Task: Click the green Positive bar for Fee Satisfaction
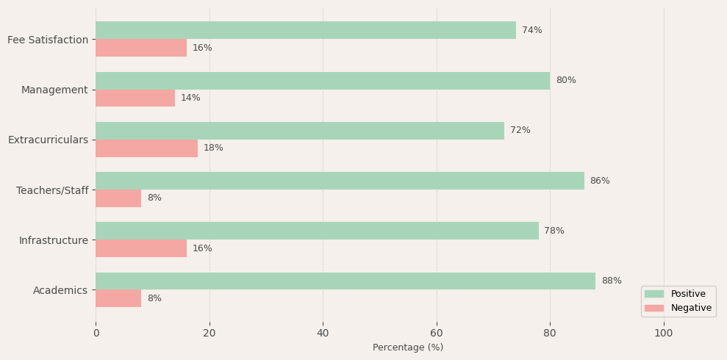pyautogui.click(x=306, y=30)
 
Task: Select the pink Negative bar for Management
pyautogui.click(x=135, y=98)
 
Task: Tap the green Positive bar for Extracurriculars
pyautogui.click(x=300, y=131)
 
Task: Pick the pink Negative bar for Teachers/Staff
pyautogui.click(x=118, y=198)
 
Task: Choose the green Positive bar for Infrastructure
pyautogui.click(x=317, y=231)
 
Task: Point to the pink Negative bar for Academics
pyautogui.click(x=118, y=298)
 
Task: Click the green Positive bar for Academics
pyautogui.click(x=345, y=281)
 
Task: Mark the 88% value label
pyautogui.click(x=612, y=281)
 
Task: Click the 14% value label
pyautogui.click(x=190, y=98)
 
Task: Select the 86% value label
pyautogui.click(x=600, y=181)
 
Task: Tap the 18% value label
pyautogui.click(x=213, y=148)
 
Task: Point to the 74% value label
pyautogui.click(x=532, y=30)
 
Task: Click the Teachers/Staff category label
pyautogui.click(x=52, y=190)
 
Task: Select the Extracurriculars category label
pyautogui.click(x=48, y=140)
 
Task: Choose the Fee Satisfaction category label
pyautogui.click(x=48, y=40)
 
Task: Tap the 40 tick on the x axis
pyautogui.click(x=323, y=333)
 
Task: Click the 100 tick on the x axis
pyautogui.click(x=664, y=333)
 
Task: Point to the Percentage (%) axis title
pyautogui.click(x=408, y=348)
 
